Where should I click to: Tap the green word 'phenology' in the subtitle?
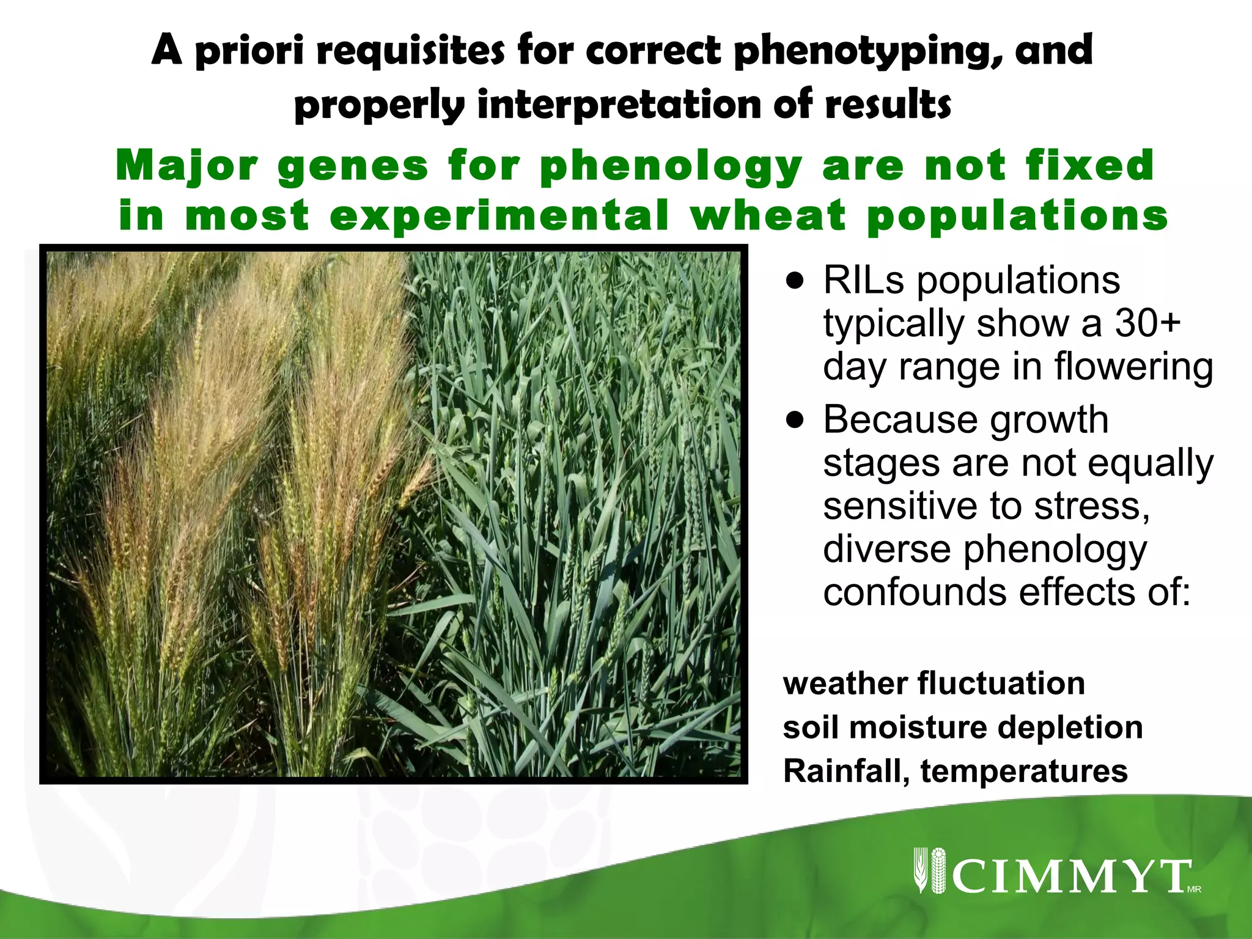click(x=671, y=166)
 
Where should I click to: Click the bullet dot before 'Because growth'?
click(x=794, y=421)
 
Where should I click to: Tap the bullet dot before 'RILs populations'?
click(x=794, y=282)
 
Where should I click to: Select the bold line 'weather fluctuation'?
click(x=933, y=683)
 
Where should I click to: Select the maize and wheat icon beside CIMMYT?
click(x=929, y=871)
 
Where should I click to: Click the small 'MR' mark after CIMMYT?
click(x=1194, y=889)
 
